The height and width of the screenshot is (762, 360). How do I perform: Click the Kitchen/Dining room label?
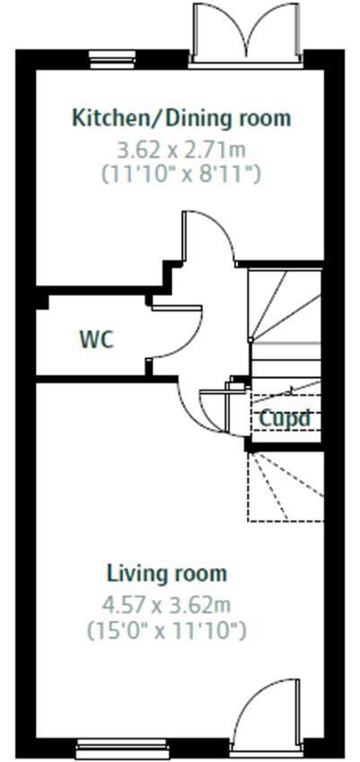(x=181, y=118)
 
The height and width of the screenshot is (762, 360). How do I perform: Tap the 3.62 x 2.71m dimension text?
(x=181, y=151)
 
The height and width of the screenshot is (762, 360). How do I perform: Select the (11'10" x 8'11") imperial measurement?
(x=181, y=173)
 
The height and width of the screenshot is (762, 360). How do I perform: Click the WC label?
(x=97, y=339)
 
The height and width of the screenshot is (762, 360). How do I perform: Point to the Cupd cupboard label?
(x=285, y=418)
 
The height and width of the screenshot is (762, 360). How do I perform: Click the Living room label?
(x=167, y=574)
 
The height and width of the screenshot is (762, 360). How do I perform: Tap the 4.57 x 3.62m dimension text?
(x=166, y=606)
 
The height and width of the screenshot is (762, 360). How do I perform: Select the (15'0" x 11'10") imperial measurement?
(x=167, y=630)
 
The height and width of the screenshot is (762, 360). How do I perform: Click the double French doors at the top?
(x=246, y=34)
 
